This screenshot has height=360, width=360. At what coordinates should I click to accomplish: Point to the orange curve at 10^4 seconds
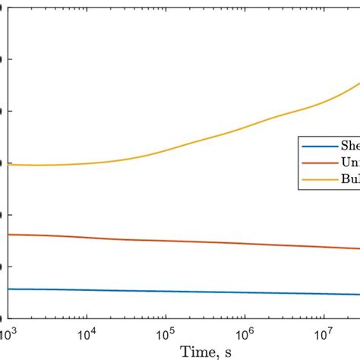87,238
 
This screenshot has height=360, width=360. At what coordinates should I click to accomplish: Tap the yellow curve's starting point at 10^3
10,165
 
